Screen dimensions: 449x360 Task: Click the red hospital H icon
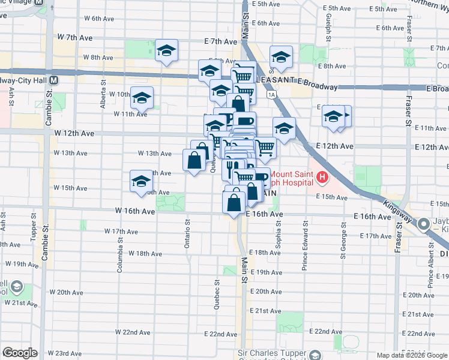322,177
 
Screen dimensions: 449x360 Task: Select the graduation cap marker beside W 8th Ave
167,50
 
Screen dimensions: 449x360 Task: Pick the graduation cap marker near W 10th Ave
142,98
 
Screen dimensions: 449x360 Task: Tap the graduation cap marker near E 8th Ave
280,58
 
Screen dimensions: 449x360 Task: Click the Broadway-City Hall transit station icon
54,80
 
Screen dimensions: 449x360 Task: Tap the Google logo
20,353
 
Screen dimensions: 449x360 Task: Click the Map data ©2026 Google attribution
411,355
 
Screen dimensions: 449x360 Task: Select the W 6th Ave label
99,19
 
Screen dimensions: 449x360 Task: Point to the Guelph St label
330,25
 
